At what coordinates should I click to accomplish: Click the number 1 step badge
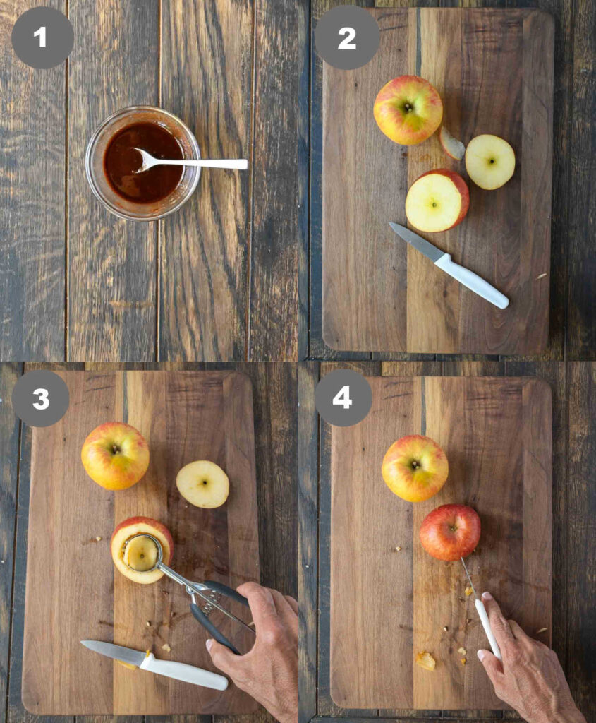point(42,37)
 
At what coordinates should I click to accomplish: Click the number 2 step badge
point(347,38)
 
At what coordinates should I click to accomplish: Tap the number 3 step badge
point(40,399)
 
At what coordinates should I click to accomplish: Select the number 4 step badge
point(343,398)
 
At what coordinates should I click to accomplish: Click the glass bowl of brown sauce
point(143,163)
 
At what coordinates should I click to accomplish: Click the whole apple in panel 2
point(408,109)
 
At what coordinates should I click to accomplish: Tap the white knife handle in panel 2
point(471,280)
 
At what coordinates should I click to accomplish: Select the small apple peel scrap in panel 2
point(451,143)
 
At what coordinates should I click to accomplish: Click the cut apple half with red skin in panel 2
point(437,201)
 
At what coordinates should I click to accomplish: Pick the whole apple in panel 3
point(115,455)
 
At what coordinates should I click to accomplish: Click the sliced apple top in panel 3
point(202,484)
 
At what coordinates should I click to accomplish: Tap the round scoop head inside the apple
point(142,553)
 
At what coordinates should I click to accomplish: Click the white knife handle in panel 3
point(183,672)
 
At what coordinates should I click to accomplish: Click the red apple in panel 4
point(450,532)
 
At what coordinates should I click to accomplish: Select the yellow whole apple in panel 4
point(415,468)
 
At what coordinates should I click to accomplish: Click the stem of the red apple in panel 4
point(453,528)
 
